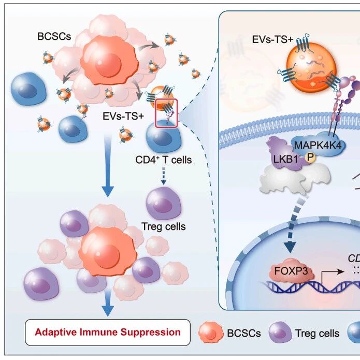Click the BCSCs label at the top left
tap(54, 36)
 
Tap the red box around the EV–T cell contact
tap(155, 113)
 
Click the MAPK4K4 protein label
tap(318, 146)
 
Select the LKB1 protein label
tap(285, 159)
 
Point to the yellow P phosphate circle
tap(310, 158)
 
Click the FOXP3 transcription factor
tap(291, 271)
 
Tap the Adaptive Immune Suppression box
tap(108, 332)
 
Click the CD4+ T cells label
tap(164, 160)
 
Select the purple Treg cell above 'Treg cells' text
tap(164, 203)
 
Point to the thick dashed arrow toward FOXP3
tap(295, 224)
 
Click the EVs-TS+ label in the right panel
tap(272, 39)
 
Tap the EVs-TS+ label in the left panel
tap(123, 116)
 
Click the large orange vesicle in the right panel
tap(311, 68)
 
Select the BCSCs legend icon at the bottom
tap(211, 332)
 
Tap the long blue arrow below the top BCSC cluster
tap(108, 165)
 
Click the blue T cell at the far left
tap(28, 89)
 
